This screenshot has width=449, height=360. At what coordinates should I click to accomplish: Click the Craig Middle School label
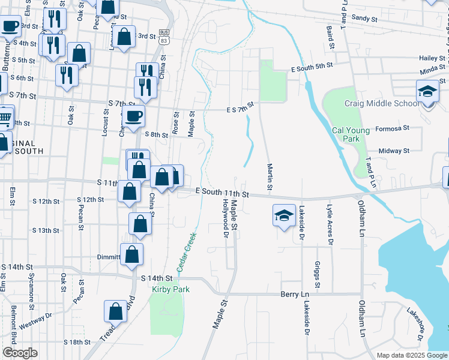tap(381, 103)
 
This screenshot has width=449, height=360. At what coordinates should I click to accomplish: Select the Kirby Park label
tap(172, 289)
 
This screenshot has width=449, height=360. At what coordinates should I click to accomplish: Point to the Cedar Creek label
tap(187, 251)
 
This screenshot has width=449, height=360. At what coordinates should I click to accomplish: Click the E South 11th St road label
tap(222, 193)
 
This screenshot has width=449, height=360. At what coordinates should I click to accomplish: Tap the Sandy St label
tap(364, 19)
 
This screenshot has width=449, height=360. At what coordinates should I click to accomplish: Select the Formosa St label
tap(392, 128)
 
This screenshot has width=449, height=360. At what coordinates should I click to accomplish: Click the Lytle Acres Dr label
tap(330, 224)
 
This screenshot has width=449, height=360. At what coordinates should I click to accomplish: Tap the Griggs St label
tap(316, 274)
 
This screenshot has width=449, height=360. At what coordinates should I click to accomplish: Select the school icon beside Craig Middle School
tap(427, 92)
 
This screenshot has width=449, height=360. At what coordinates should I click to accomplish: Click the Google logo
tap(20, 353)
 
